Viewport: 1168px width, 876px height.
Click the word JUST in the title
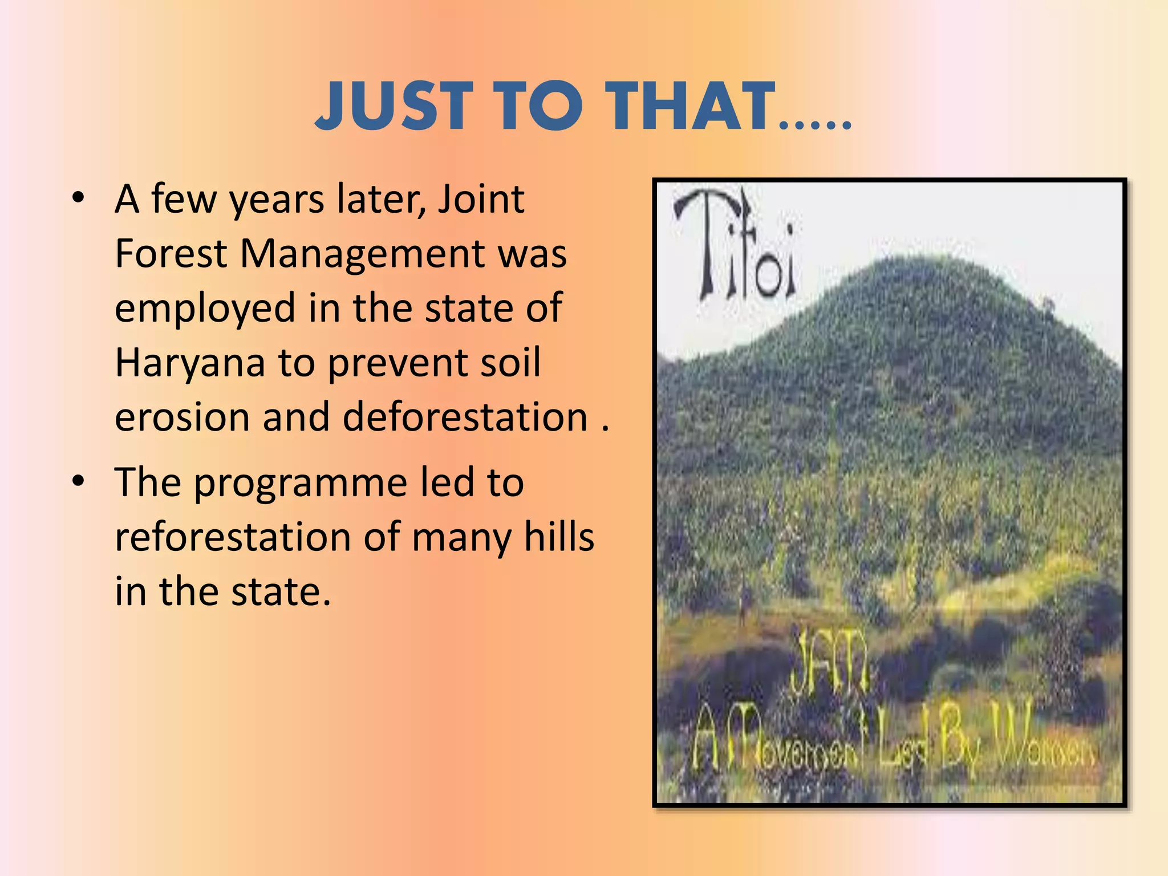click(x=394, y=107)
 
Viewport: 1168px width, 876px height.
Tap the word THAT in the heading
click(x=691, y=107)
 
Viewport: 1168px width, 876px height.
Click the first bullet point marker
click(x=78, y=198)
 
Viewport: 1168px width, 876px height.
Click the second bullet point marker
click(x=78, y=481)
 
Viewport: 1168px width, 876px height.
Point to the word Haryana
click(x=190, y=363)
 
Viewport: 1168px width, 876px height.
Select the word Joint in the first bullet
click(x=481, y=199)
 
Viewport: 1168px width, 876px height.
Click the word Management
click(x=362, y=253)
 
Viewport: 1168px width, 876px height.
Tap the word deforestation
click(x=465, y=416)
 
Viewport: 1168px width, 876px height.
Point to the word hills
click(x=559, y=537)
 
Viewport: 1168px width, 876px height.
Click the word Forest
click(x=171, y=253)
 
